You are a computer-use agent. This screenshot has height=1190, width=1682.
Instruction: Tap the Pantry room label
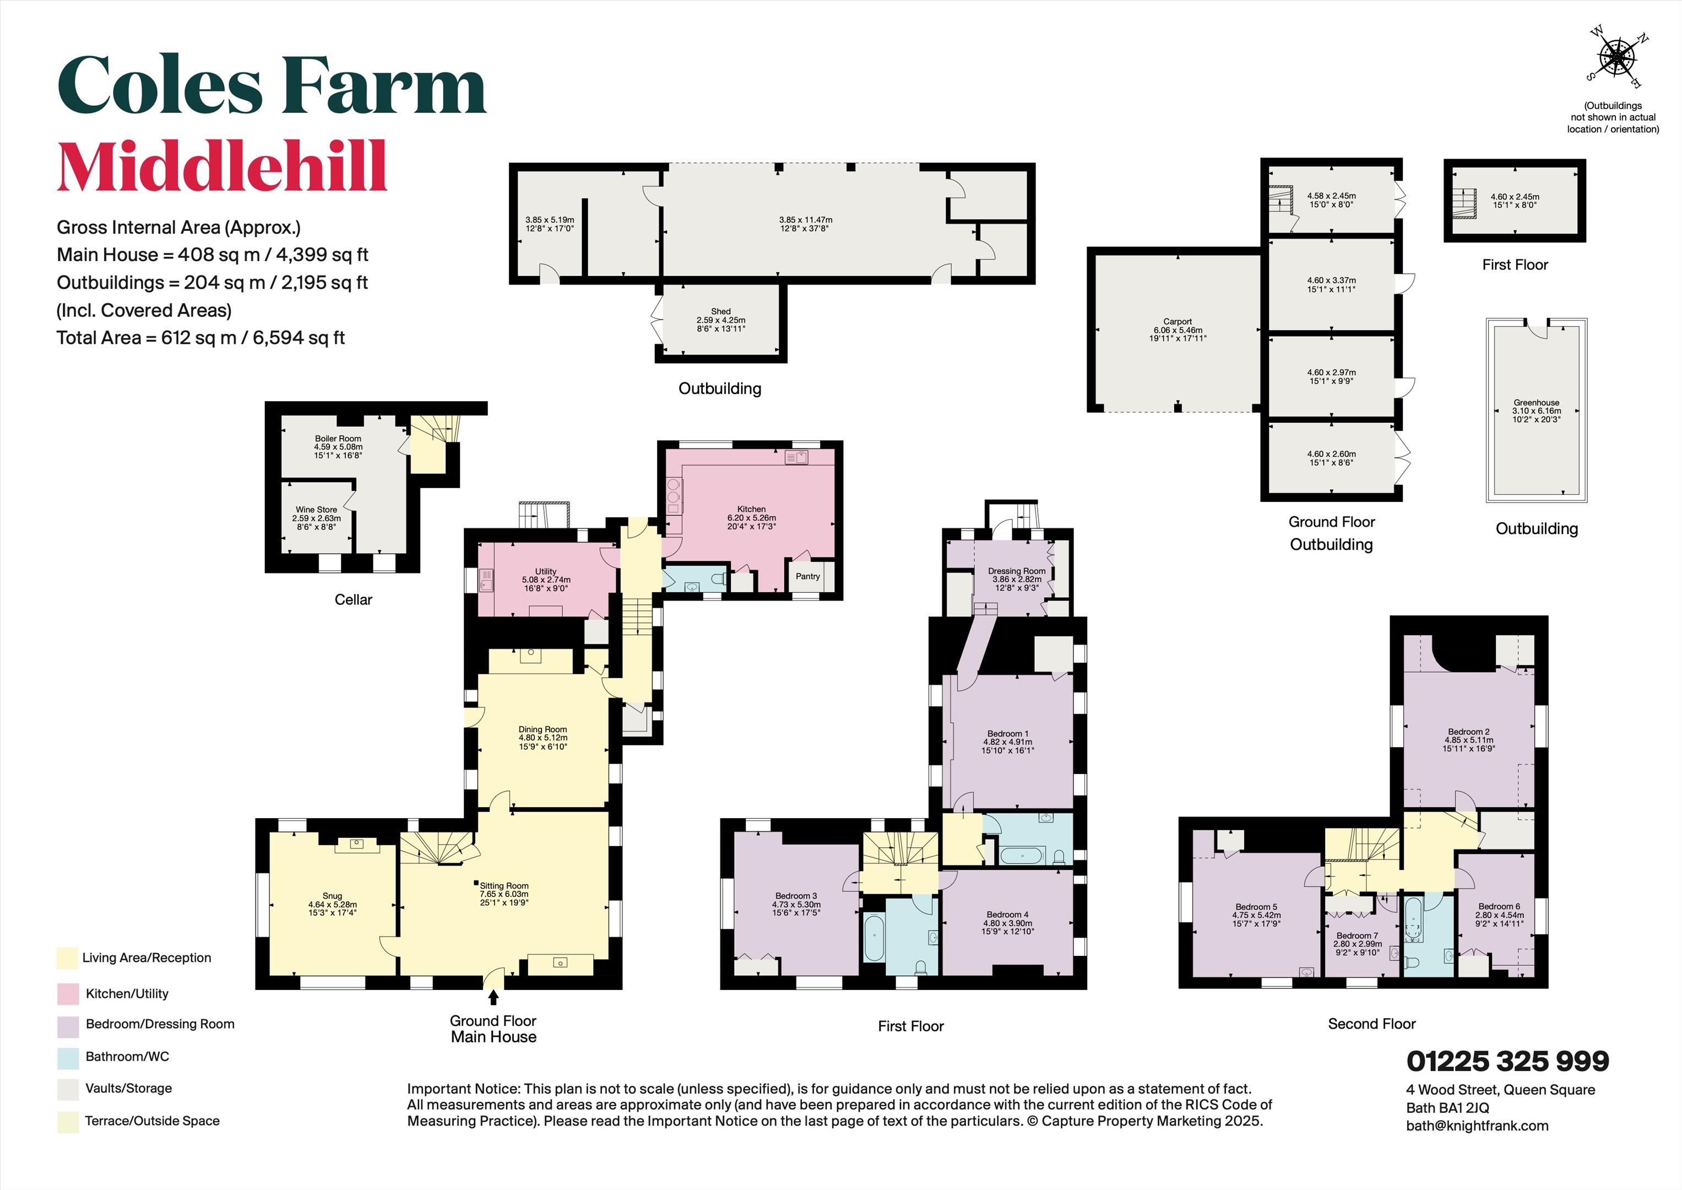click(x=808, y=576)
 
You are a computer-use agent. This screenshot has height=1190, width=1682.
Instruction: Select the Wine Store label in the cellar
click(x=317, y=509)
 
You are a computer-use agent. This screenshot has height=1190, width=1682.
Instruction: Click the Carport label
click(x=1178, y=321)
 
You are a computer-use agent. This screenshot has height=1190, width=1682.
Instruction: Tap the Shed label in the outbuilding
click(x=721, y=311)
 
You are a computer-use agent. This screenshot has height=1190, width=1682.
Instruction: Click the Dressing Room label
click(x=1016, y=571)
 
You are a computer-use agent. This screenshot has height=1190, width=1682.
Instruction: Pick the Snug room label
click(x=332, y=895)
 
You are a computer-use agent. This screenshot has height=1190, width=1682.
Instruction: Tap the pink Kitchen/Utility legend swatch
click(x=67, y=994)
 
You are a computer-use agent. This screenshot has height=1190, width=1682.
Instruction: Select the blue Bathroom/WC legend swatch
click(x=67, y=1057)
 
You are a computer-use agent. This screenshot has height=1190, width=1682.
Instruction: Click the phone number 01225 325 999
click(x=1507, y=1061)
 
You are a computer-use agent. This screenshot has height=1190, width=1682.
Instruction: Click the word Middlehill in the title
click(x=222, y=166)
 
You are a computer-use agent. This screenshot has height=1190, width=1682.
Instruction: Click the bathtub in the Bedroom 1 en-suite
click(x=1022, y=855)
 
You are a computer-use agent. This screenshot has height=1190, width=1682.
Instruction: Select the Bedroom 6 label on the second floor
click(x=1498, y=906)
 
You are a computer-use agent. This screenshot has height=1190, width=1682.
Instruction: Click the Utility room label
click(x=545, y=571)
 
